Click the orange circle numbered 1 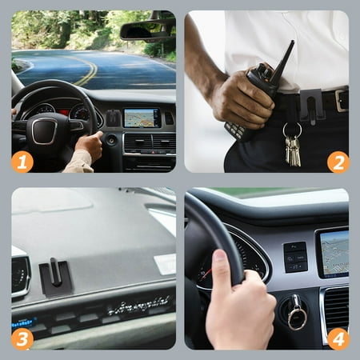click(x=22, y=162)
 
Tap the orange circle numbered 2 click(x=338, y=162)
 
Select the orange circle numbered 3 click(x=22, y=339)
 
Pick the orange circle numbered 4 click(x=338, y=339)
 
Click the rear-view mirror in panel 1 click(x=146, y=32)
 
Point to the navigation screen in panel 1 click(x=142, y=118)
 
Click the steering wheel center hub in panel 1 click(x=45, y=131)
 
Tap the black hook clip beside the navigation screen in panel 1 click(x=114, y=118)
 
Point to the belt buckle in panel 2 click(x=342, y=100)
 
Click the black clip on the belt click(x=311, y=105)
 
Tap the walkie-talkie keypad click(x=234, y=130)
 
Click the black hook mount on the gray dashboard click(x=55, y=277)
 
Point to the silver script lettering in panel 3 click(x=138, y=306)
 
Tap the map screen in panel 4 click(x=334, y=254)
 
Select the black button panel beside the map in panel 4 click(x=295, y=257)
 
